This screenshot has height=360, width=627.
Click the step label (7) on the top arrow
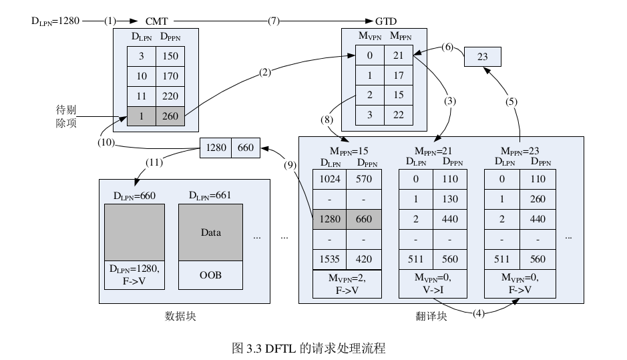click(x=274, y=21)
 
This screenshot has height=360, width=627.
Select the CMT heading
click(x=156, y=21)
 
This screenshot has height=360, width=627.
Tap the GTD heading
click(x=386, y=21)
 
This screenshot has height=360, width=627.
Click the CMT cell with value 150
click(x=170, y=57)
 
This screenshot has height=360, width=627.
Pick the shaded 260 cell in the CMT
click(x=170, y=116)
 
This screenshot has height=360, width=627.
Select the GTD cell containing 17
click(x=399, y=75)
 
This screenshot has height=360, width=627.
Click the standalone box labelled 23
click(x=482, y=57)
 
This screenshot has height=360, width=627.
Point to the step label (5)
click(x=511, y=102)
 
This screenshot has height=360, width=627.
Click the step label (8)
click(x=327, y=120)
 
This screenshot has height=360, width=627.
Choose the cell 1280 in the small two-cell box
click(x=216, y=148)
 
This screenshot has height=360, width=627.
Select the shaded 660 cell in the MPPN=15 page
click(x=364, y=219)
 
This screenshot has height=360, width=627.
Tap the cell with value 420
click(x=364, y=259)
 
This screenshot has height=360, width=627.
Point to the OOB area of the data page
click(x=210, y=275)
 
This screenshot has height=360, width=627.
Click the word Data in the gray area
click(x=210, y=232)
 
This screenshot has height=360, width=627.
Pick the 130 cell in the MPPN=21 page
click(x=449, y=199)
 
